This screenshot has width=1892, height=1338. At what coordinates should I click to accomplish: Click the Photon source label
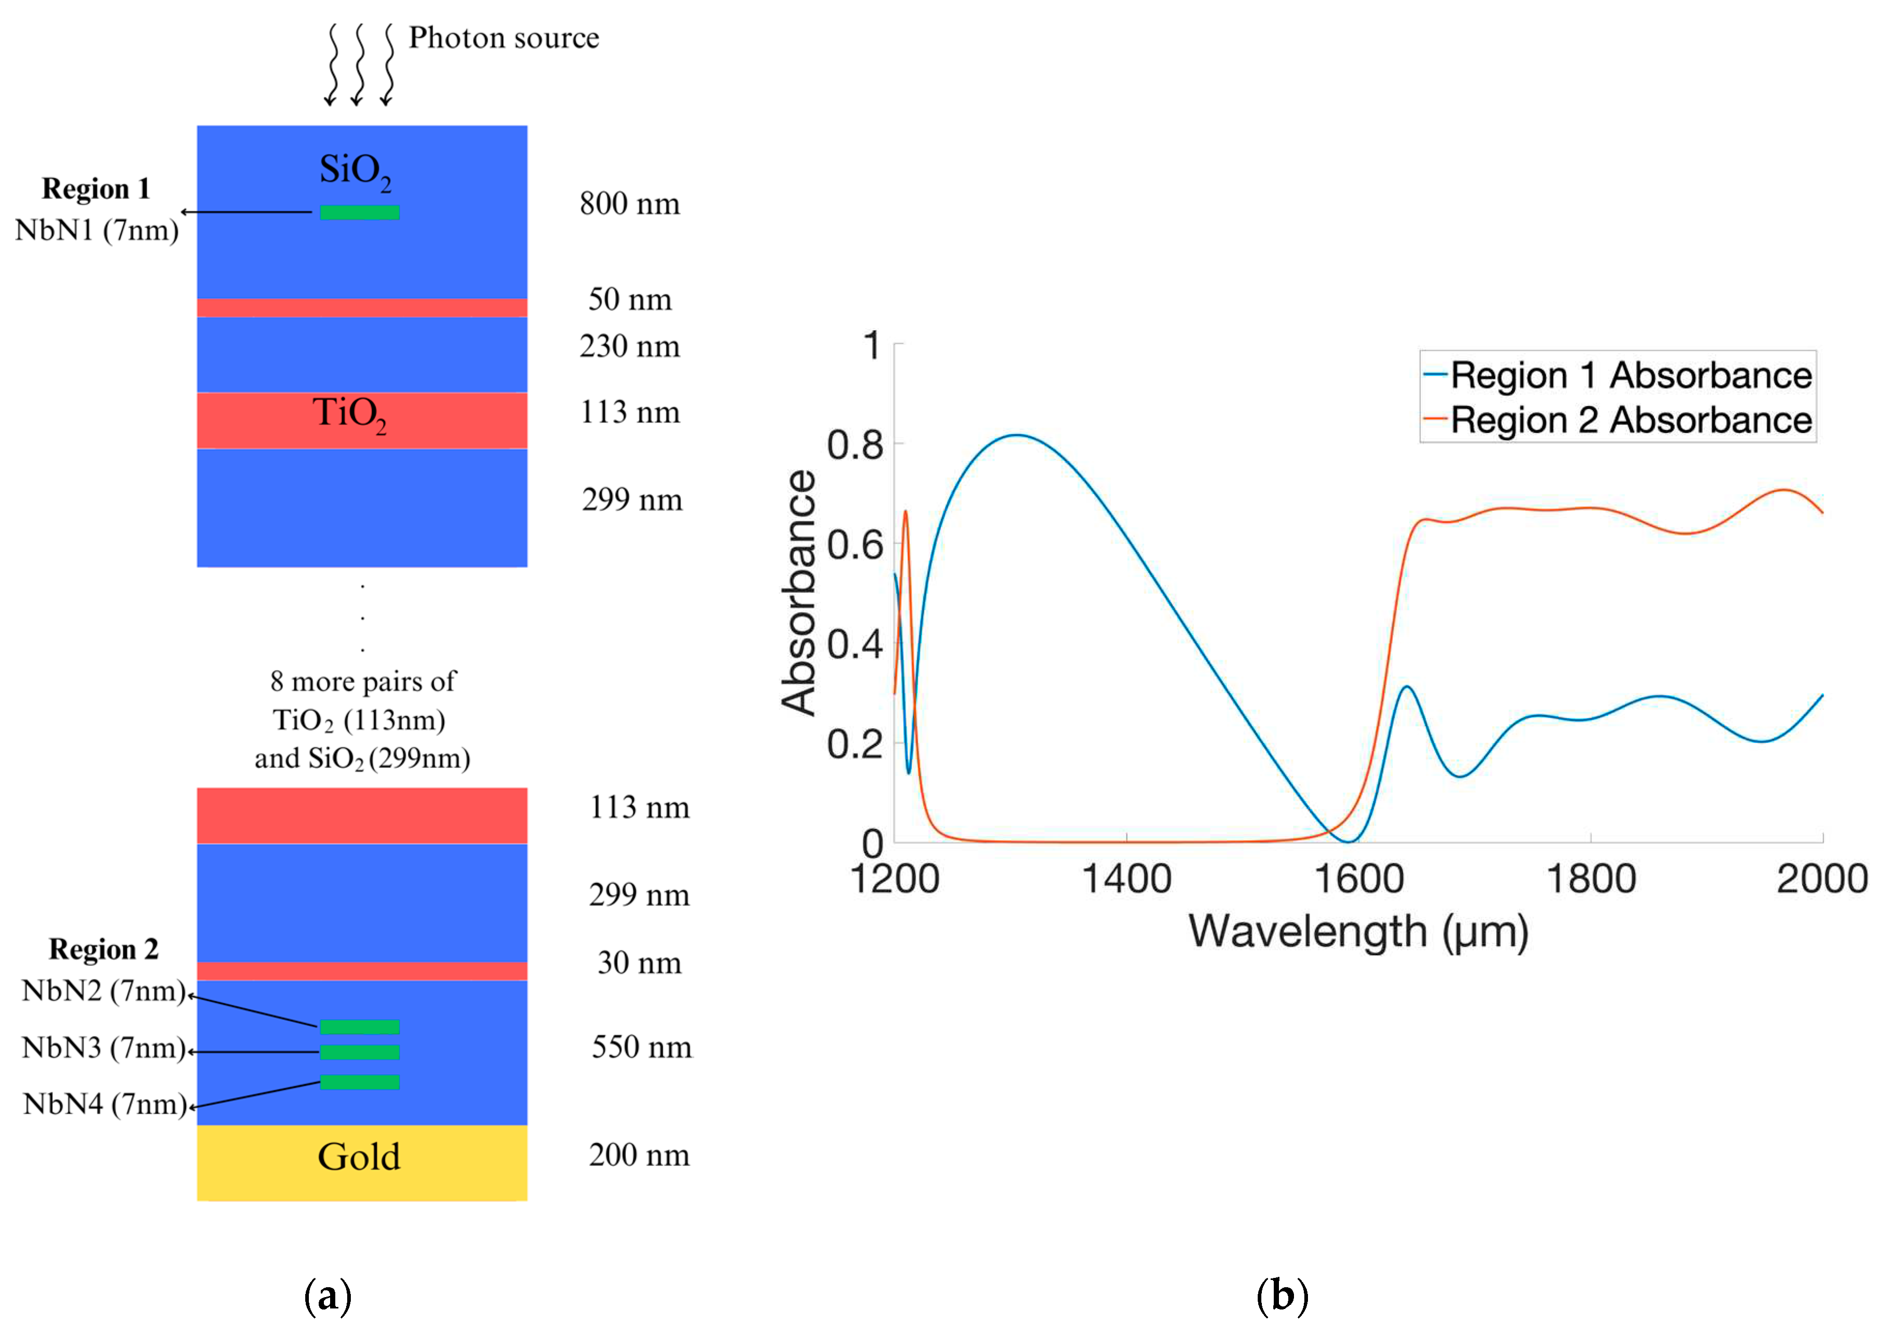[504, 38]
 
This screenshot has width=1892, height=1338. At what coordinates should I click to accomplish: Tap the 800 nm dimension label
[630, 204]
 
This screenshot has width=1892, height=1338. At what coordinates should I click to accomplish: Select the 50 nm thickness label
[630, 299]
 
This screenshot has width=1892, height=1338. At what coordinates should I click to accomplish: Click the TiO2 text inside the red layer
[349, 413]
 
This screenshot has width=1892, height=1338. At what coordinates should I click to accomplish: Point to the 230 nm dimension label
[630, 346]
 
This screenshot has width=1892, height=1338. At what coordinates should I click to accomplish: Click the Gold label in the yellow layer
[359, 1157]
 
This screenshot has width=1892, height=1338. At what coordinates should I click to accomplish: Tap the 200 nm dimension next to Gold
[638, 1155]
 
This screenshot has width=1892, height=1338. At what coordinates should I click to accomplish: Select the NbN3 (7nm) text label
[104, 1048]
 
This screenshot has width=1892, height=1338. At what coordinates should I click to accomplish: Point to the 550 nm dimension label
[641, 1047]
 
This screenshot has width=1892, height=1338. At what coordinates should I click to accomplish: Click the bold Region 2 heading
[104, 949]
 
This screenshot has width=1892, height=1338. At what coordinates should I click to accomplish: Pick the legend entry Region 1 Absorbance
[1630, 376]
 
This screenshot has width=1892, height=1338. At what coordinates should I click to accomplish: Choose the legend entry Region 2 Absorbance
[1630, 420]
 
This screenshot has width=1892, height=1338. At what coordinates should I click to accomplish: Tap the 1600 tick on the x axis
[1359, 879]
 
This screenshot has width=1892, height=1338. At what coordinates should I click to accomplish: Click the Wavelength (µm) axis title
[1358, 933]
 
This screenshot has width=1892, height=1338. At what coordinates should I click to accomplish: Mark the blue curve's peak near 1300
[1018, 435]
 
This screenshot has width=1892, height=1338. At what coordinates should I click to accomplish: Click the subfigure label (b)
[1282, 1296]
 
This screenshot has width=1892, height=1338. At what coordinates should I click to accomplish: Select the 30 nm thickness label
[639, 962]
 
